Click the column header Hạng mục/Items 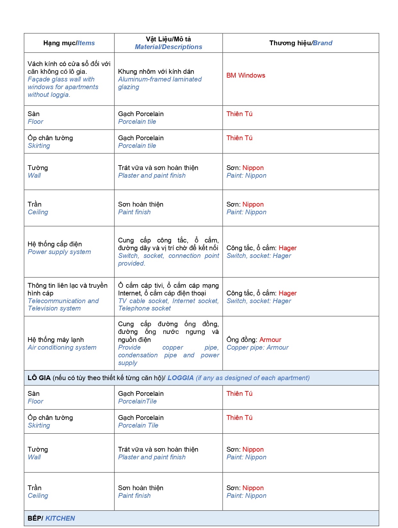69,43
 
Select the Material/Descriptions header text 168,47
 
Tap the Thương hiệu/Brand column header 301,43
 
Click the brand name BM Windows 246,75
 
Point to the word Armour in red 270,340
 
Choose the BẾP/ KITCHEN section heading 51,518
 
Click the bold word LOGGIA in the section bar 181,378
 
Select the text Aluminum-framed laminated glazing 160,83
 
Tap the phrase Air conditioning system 62,347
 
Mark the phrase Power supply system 59,252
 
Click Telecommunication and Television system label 63,304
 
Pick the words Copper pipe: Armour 258,347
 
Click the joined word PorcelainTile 137,401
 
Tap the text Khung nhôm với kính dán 156,72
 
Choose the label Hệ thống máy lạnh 55,340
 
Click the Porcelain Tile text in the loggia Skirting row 138,425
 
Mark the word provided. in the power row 131,263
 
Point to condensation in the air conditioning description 138,355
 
